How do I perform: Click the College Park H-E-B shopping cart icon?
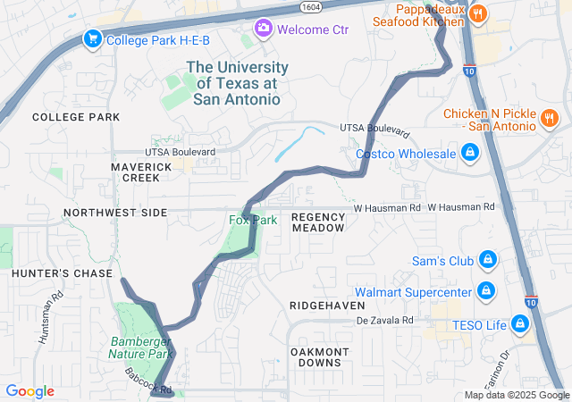(91, 38)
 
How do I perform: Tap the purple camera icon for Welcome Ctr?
(263, 29)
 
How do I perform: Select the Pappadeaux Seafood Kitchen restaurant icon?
(478, 13)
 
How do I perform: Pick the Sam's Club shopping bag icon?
(487, 260)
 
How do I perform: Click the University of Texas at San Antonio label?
(237, 83)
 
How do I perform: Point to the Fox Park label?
(253, 220)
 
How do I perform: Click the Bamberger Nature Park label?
(141, 348)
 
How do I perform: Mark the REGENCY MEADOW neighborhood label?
(318, 222)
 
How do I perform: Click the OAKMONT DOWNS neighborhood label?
(319, 357)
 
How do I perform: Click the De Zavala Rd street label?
(385, 320)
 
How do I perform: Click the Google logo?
(29, 391)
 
